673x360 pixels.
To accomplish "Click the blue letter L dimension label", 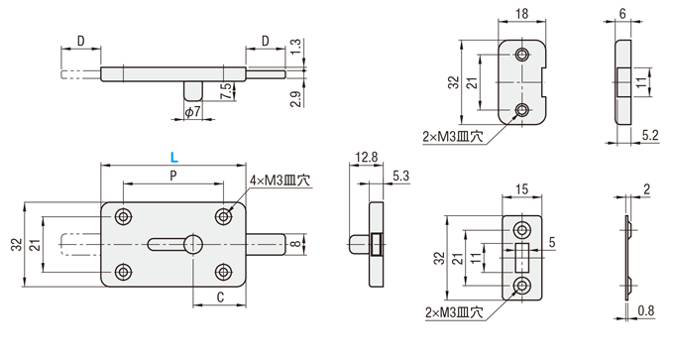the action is pos(173,158).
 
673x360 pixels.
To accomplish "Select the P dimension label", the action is pos(173,176).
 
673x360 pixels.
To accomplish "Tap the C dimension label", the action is pos(220,298).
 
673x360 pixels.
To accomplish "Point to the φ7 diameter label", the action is pos(192,112).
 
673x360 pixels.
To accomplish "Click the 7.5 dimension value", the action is pos(228,91).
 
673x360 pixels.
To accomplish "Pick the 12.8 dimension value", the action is pos(366,158).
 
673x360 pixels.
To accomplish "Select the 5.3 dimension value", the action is pos(400,177).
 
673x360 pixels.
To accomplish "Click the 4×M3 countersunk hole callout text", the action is pos(280,180).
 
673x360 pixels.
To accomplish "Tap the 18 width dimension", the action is pos(522,14).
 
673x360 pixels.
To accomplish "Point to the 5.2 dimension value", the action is pos(650,136).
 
